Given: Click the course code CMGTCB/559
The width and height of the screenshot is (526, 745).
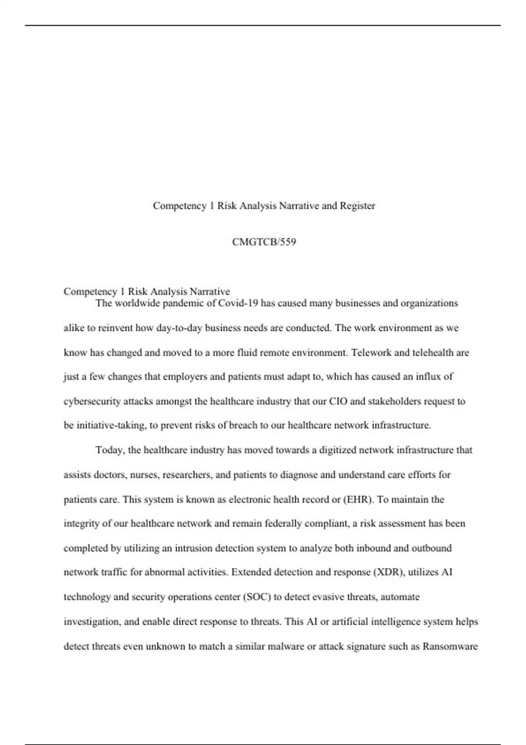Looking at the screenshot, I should pyautogui.click(x=264, y=242).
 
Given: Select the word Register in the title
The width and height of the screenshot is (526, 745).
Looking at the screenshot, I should pyautogui.click(x=357, y=206).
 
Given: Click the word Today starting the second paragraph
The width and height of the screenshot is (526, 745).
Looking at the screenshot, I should pyautogui.click(x=110, y=450).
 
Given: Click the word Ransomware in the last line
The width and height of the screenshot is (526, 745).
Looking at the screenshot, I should pyautogui.click(x=450, y=646).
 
